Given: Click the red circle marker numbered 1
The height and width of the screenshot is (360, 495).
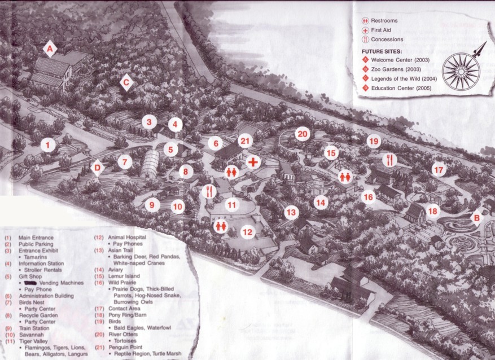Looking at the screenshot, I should point(49,146).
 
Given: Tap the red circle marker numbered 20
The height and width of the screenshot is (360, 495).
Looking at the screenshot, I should point(303,134).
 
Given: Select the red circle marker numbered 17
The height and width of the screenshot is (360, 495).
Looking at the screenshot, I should point(439,169).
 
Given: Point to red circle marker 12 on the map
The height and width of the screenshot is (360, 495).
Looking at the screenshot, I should point(247,231).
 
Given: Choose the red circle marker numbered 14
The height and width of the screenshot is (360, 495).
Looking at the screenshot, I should point(321,202).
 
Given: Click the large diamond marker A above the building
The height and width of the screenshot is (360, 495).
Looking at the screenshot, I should point(50,50).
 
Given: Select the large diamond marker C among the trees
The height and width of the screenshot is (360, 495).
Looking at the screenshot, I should point(126,82).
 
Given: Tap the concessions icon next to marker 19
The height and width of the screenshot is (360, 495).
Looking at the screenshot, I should point(389,160).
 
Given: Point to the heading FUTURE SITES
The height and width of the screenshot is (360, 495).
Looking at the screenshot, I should point(382,51).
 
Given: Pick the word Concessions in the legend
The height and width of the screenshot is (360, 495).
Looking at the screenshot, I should point(387,39).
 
